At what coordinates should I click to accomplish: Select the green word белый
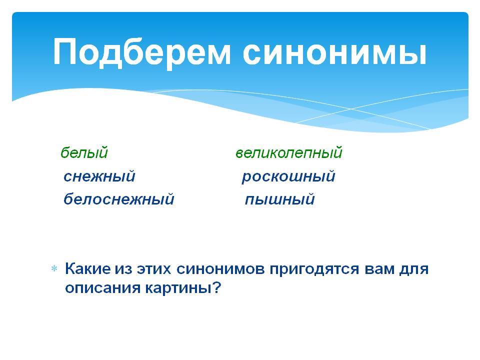tap(84, 152)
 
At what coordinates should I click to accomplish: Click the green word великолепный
tap(288, 152)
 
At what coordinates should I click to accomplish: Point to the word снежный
tap(99, 176)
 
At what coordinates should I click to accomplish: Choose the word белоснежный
tap(119, 199)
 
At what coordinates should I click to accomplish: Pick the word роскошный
tap(288, 176)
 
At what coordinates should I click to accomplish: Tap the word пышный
tap(280, 199)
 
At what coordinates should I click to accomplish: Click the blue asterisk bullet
tap(54, 269)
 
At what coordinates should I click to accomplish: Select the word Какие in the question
tap(88, 269)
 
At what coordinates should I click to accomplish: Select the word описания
tap(102, 288)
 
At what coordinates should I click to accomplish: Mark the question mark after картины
tap(216, 287)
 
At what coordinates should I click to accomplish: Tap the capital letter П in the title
tap(64, 51)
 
